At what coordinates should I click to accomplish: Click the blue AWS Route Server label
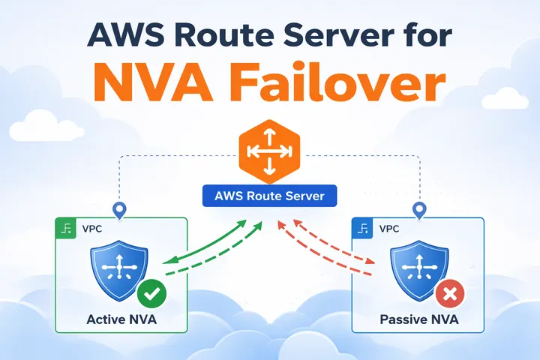click(269, 196)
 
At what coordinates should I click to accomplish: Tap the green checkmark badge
click(152, 293)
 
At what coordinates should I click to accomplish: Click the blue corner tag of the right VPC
click(364, 228)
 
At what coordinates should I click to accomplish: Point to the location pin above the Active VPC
click(117, 210)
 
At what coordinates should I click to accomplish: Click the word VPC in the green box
click(91, 228)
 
